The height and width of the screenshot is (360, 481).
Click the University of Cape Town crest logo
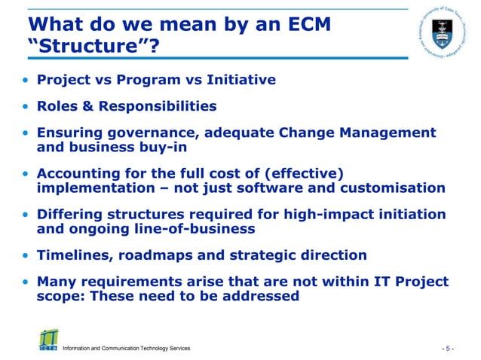[x=444, y=32]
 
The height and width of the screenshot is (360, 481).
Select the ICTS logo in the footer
[x=47, y=340]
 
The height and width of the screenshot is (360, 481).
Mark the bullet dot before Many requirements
[x=26, y=282]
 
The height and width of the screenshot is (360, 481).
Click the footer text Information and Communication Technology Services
[x=127, y=349]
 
